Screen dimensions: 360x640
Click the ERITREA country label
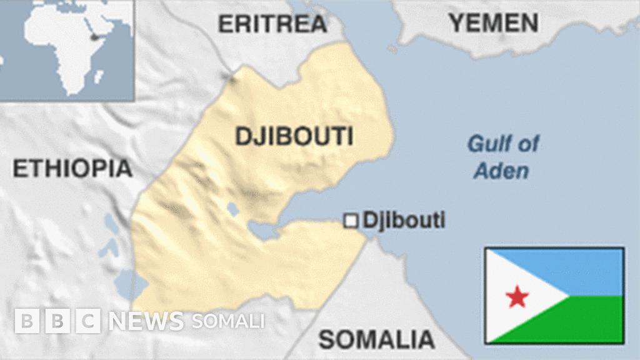coord(272,24)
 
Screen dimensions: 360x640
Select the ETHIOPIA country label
coord(72,168)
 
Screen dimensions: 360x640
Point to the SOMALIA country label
coord(376,339)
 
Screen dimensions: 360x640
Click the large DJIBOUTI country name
coord(294,136)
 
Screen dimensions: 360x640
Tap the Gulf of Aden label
coord(502,157)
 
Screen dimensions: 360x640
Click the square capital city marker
coord(352,221)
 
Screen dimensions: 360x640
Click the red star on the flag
coord(517,296)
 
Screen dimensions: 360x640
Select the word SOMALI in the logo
coord(228,321)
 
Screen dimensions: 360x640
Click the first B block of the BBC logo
coord(26,321)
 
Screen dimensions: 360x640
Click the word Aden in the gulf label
coord(501,171)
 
